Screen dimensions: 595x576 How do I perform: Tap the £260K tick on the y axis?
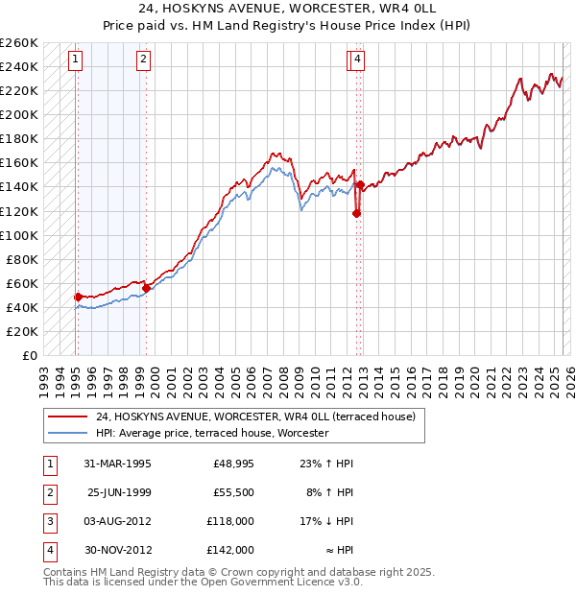click(19, 43)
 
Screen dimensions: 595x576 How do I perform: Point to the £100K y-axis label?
click(19, 235)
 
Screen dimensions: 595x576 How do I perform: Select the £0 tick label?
click(29, 355)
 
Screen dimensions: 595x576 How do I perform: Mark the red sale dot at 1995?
click(78, 297)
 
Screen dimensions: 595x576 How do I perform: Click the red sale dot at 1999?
click(146, 288)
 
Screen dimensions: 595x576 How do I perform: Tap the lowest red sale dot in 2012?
click(356, 213)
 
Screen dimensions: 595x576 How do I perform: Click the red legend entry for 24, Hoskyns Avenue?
click(254, 417)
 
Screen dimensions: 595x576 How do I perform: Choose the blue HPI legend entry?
click(211, 434)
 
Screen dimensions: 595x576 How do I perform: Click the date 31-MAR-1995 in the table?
click(118, 464)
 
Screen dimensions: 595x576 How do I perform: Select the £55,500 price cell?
click(233, 492)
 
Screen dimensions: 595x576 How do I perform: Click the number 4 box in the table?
click(48, 551)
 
